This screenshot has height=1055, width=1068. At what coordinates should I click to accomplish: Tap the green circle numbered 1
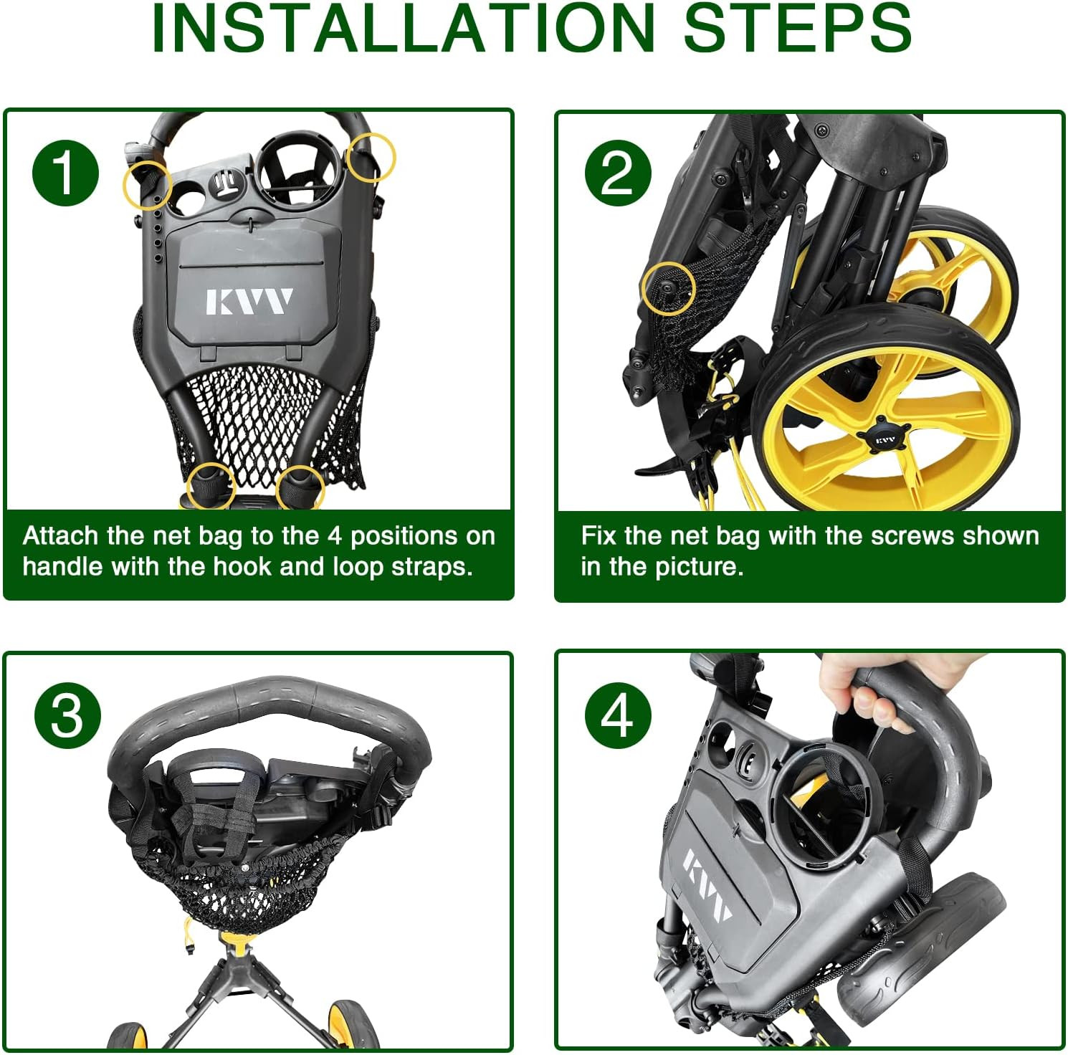coord(65,173)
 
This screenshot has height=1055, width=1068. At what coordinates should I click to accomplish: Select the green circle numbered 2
coord(618,173)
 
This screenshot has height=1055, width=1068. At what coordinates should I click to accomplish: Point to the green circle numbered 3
coord(67,715)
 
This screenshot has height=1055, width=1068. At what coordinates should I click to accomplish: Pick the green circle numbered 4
coord(618,715)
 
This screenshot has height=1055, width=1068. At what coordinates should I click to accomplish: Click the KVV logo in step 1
coord(249,302)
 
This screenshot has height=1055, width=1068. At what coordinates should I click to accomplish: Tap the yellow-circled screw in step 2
coord(668,287)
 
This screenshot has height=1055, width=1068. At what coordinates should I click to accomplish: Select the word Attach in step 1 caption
coord(60,535)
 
